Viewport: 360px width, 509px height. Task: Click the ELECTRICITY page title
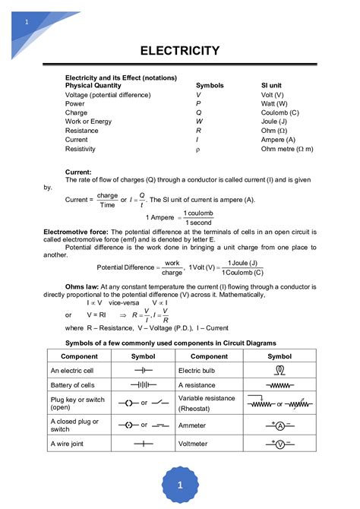tap(180, 51)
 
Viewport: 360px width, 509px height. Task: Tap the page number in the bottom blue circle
tap(180, 483)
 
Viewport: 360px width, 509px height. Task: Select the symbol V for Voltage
tap(199, 95)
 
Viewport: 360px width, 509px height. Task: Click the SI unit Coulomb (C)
tap(279, 112)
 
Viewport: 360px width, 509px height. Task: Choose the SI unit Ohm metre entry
tap(286, 149)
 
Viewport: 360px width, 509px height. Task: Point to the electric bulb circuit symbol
tap(279, 370)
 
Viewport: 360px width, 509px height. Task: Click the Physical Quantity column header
tap(93, 86)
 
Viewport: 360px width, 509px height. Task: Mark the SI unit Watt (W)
tap(273, 103)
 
